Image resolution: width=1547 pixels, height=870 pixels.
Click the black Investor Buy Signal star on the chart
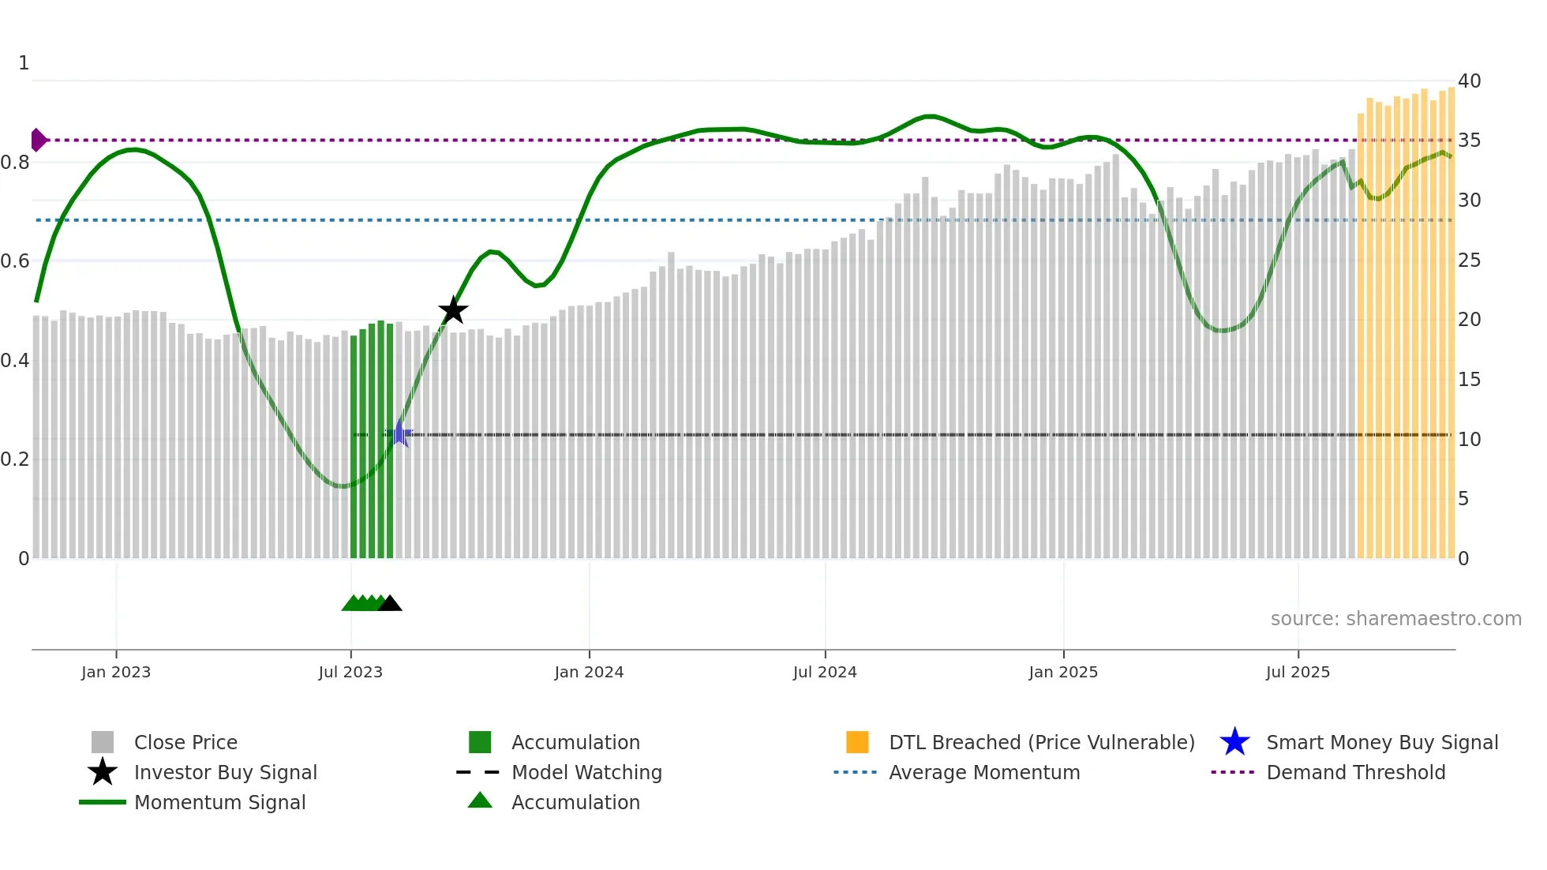[453, 310]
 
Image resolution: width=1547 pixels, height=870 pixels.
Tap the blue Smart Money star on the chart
[399, 434]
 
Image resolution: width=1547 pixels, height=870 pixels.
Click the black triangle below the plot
[390, 603]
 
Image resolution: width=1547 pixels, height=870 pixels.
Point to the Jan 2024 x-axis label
[589, 672]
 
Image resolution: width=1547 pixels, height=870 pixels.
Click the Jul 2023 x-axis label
[350, 672]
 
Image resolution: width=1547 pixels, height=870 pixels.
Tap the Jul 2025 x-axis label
[1298, 672]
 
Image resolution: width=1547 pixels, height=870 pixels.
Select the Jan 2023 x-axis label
[116, 672]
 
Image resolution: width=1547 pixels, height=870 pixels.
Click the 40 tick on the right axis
[1469, 81]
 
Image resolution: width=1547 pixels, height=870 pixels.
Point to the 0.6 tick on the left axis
[15, 261]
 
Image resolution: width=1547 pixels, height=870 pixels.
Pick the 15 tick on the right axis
[1469, 379]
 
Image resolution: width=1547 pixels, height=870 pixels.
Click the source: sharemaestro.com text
[1395, 618]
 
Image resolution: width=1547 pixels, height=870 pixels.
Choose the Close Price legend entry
[185, 742]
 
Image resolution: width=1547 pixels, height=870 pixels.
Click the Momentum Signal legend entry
[219, 802]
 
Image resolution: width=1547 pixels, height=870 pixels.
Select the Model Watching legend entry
[586, 772]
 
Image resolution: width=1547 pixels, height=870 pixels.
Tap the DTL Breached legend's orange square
[857, 742]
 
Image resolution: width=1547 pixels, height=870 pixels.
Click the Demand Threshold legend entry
[1355, 772]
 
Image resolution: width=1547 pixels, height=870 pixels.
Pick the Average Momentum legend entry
[984, 772]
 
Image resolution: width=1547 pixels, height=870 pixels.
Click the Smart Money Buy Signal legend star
[1234, 742]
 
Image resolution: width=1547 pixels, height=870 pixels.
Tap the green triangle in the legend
[480, 801]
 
